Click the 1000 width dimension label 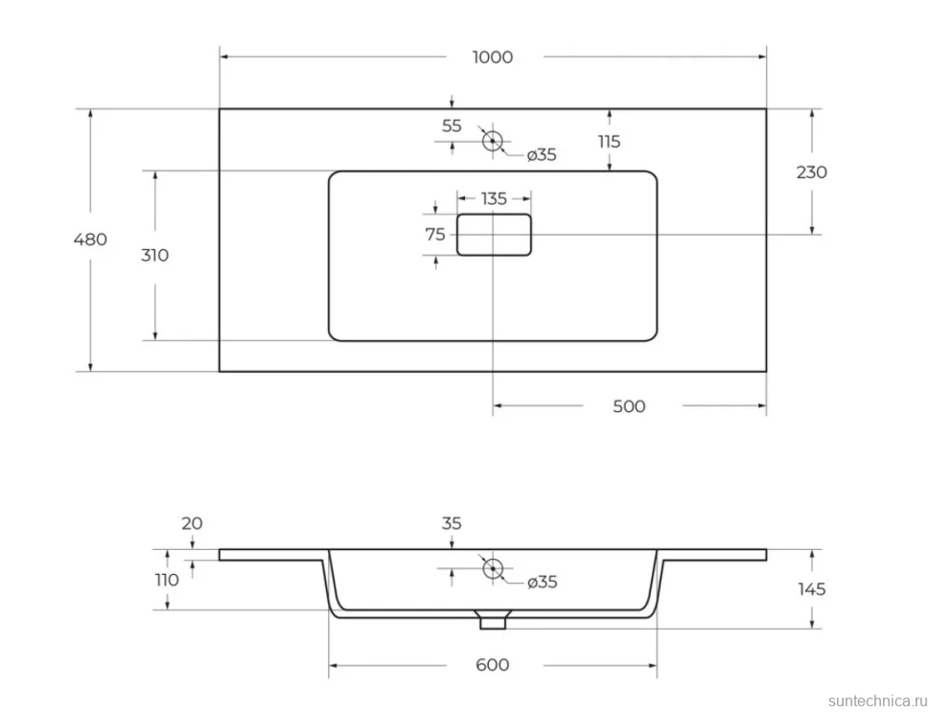[492, 57]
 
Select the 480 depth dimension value [90, 240]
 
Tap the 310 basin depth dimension [154, 255]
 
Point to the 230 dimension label [811, 172]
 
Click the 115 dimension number [609, 141]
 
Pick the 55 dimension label [452, 126]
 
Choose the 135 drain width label [494, 198]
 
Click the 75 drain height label [434, 235]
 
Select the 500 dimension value [629, 406]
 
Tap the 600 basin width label [492, 665]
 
